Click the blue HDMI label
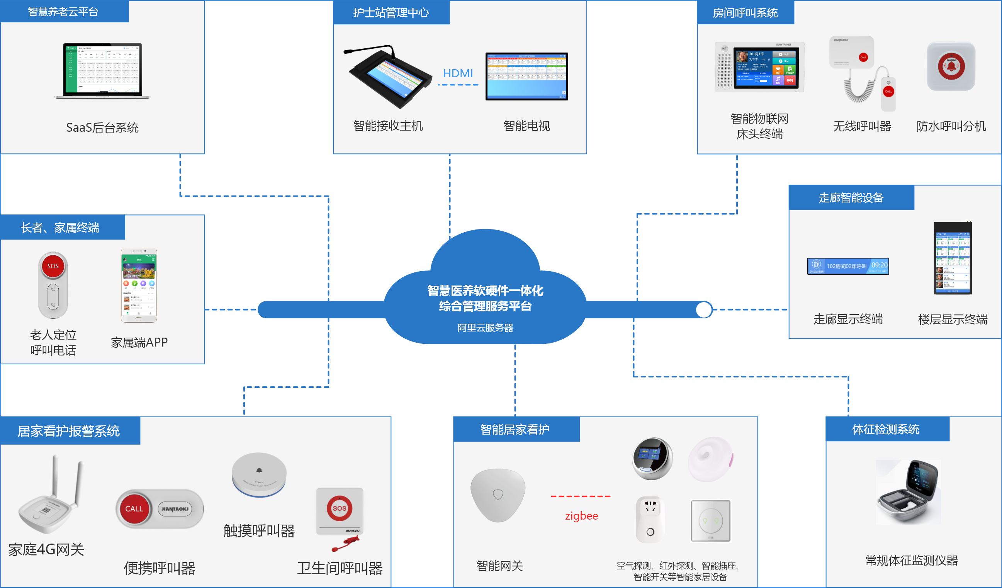click(458, 73)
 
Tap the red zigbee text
click(581, 516)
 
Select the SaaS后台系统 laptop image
click(103, 71)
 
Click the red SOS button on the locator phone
click(53, 266)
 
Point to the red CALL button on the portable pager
click(134, 508)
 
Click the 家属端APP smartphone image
click(139, 285)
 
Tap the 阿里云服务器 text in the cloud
click(485, 328)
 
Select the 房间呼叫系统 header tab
click(745, 13)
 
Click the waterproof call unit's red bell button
click(951, 66)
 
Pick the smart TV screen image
click(526, 76)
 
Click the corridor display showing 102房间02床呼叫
click(848, 266)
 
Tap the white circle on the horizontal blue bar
click(704, 310)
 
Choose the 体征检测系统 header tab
click(885, 429)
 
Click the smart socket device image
click(650, 519)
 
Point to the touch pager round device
click(259, 474)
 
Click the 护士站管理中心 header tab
click(391, 13)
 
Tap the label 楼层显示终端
click(952, 319)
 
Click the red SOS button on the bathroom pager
click(339, 508)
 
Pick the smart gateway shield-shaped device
click(498, 495)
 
